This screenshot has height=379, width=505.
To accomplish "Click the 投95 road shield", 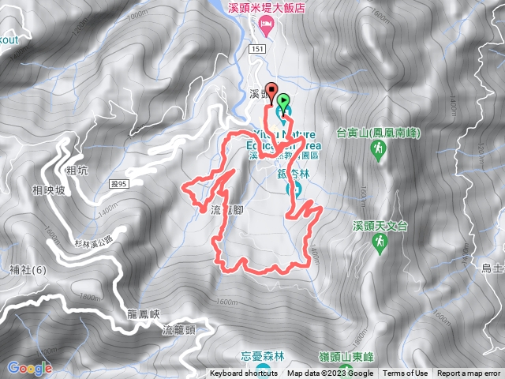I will pyautogui.click(x=119, y=183).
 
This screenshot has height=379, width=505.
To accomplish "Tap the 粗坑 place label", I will pyautogui.click(x=78, y=169).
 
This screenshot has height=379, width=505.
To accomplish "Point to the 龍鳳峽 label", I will pyautogui.click(x=148, y=313).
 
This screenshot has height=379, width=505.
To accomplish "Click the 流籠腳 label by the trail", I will pyautogui.click(x=227, y=210).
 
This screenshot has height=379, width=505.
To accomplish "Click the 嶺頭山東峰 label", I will pyautogui.click(x=373, y=356).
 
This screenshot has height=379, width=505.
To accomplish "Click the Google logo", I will pyautogui.click(x=30, y=368).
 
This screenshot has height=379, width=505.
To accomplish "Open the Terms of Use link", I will pyautogui.click(x=406, y=373).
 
